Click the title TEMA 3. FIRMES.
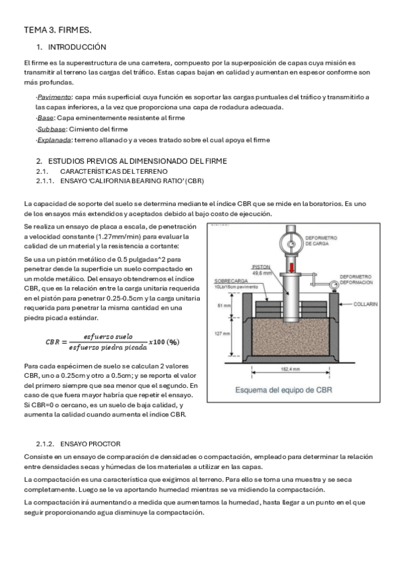coord(57,30)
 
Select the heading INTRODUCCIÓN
coord(77,47)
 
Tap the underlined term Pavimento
coord(54,97)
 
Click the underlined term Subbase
coord(51,129)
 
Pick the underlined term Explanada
coord(54,140)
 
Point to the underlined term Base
coord(45,118)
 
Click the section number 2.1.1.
coord(45,181)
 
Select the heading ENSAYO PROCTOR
coord(91,444)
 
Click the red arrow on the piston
coord(291,268)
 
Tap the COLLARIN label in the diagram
coord(366,304)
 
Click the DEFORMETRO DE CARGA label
coord(321,241)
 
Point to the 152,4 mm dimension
coord(290,369)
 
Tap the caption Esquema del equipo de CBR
coord(284,390)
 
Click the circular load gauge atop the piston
coord(291,244)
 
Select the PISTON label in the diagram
coord(261,267)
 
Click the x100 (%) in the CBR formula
coord(165,342)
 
